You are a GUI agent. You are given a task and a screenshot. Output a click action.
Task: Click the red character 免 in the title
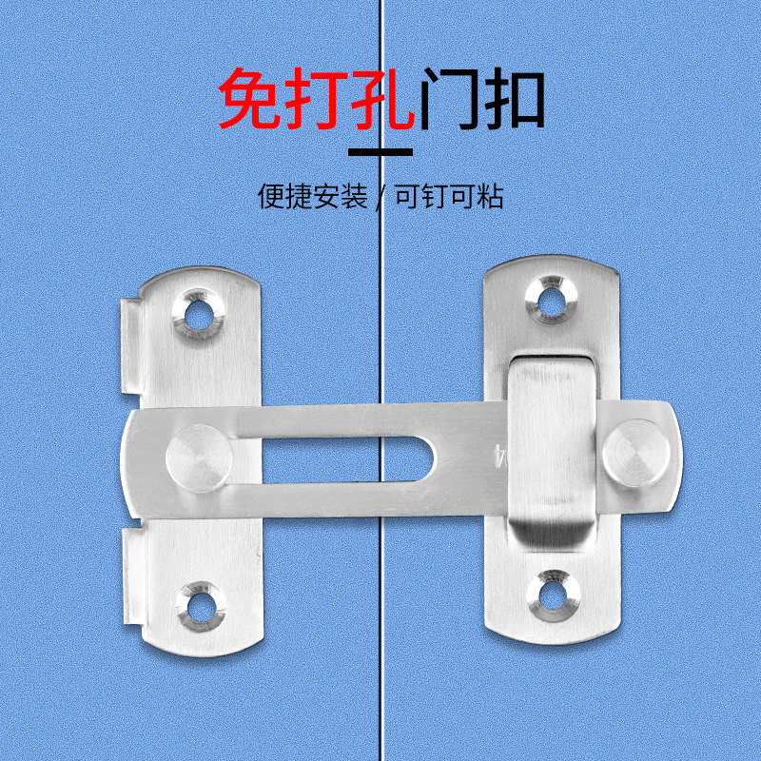(x=251, y=99)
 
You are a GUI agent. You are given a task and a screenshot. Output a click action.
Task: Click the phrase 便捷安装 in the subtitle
(x=312, y=196)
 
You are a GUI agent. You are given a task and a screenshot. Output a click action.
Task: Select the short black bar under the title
(x=380, y=151)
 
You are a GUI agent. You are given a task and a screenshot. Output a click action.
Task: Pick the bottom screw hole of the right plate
(x=550, y=593)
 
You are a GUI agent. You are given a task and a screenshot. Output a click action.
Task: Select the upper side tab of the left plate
(x=130, y=347)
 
